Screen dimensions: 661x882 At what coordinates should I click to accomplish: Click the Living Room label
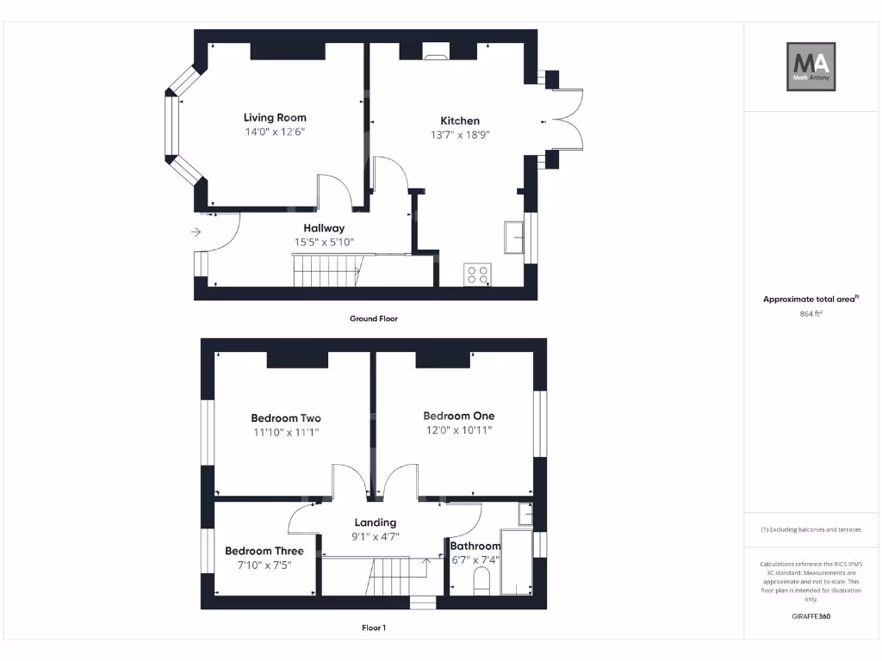275,118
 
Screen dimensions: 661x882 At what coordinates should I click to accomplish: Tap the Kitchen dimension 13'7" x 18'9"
460,135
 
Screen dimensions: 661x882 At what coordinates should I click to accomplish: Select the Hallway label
324,228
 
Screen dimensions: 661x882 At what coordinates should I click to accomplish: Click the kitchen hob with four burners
477,274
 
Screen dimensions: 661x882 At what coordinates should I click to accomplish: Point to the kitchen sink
514,237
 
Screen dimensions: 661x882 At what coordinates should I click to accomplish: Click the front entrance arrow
196,232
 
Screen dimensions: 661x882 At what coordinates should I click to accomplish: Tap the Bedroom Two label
286,418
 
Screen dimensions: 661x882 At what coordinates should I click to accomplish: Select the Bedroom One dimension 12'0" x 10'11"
458,429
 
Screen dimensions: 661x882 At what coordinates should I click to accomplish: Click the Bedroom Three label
264,551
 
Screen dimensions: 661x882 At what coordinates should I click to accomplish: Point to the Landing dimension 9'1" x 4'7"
376,536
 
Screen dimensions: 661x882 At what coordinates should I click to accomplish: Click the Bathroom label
475,546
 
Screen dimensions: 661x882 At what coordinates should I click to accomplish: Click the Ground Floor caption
374,318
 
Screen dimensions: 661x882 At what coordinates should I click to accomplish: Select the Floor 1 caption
374,628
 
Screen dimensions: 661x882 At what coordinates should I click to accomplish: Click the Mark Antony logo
811,67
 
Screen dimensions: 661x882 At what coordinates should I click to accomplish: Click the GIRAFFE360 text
811,616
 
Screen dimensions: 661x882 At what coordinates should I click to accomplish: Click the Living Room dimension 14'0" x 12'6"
275,132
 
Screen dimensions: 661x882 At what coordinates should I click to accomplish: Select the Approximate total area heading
811,300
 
